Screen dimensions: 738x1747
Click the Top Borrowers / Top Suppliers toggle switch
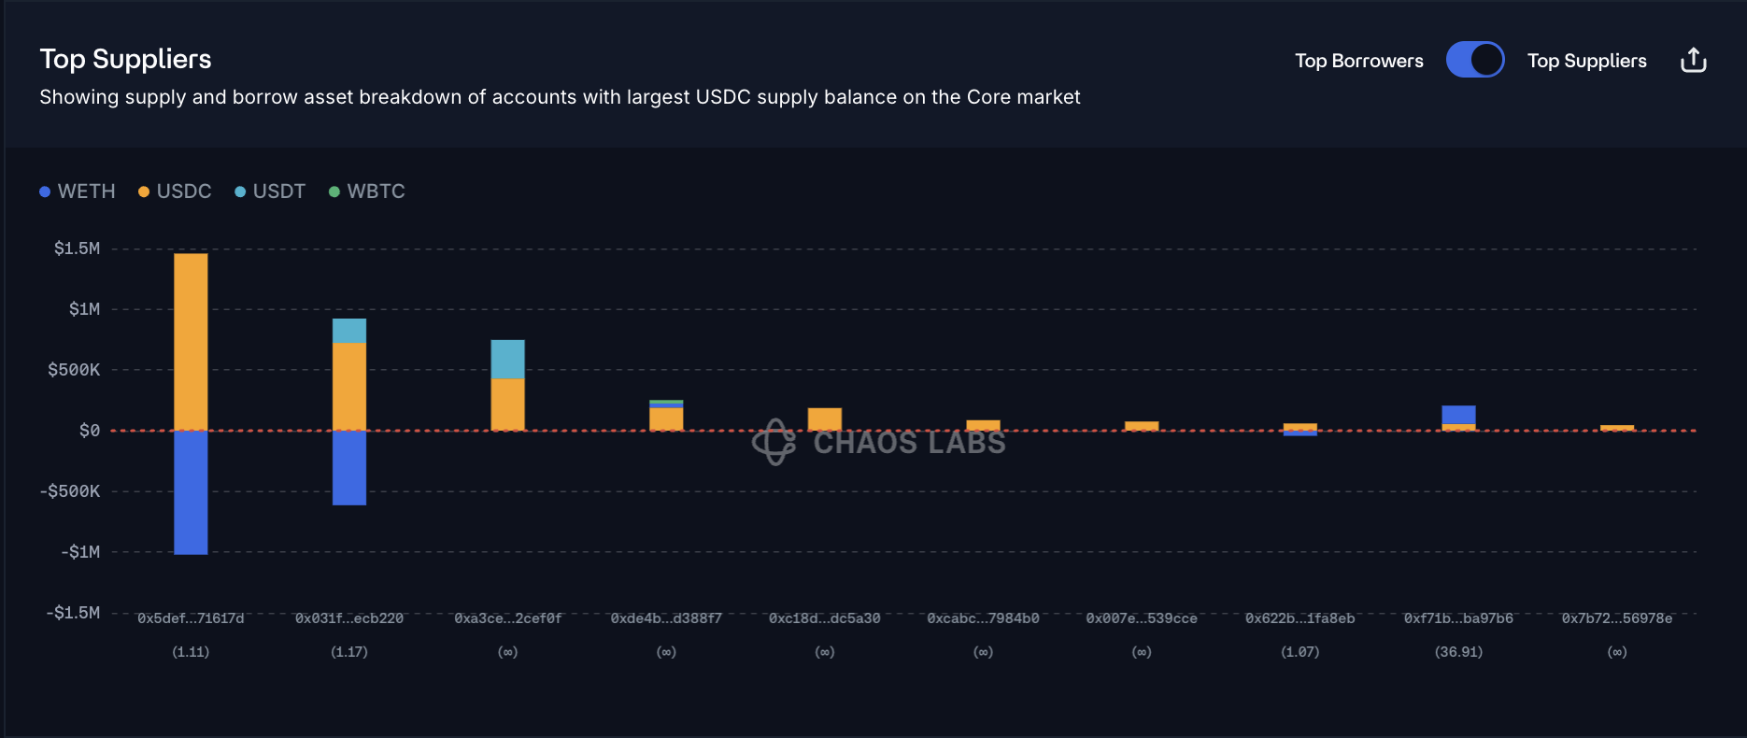coord(1474,60)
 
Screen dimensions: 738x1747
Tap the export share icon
coord(1693,60)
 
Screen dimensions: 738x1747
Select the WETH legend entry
coord(78,192)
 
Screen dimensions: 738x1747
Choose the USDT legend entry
coord(270,192)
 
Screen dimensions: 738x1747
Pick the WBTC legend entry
coord(367,192)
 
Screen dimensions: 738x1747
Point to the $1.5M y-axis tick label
coord(77,248)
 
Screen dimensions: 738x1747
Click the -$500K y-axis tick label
coord(70,491)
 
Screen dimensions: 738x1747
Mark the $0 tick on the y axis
coord(89,431)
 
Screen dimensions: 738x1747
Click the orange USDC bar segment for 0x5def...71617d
coord(191,341)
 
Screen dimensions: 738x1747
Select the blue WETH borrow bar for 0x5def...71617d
coord(191,492)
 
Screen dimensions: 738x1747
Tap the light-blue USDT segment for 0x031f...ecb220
coord(349,331)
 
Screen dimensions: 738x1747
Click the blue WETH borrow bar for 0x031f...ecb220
coord(349,467)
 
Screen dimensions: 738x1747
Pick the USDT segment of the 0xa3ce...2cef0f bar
coord(507,359)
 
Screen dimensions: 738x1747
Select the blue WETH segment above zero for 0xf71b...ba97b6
coord(1458,415)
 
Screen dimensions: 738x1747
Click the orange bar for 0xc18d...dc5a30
coord(824,419)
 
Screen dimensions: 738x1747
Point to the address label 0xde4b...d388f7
coord(666,618)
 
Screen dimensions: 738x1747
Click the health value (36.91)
coord(1458,652)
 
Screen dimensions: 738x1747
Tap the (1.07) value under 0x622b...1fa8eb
coord(1300,652)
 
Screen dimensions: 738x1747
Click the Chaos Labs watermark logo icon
coord(774,442)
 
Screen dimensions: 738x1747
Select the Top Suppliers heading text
coord(125,59)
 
